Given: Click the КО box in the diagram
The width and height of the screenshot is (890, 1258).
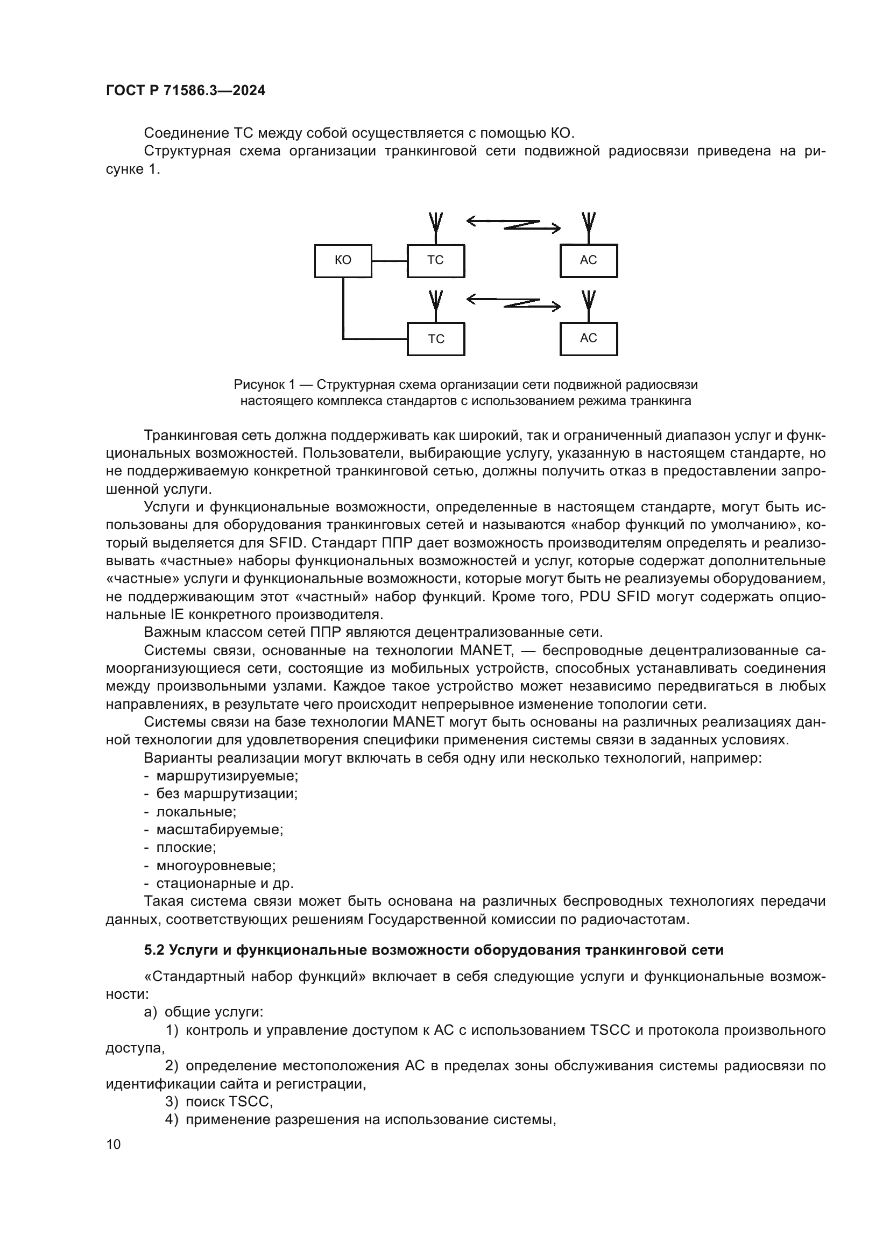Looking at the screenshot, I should [343, 261].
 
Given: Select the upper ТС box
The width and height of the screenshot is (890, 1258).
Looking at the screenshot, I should [436, 261].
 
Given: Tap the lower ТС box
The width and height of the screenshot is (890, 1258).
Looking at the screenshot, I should [436, 339].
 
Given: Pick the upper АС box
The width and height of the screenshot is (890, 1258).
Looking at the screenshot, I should [588, 261].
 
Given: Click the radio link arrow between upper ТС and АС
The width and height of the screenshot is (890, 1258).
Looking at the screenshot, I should [513, 224].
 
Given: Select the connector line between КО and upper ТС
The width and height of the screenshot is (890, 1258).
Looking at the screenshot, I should [390, 261].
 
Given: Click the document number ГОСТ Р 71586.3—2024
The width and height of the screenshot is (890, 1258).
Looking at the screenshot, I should [185, 90].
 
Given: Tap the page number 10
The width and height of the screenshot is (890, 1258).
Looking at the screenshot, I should [114, 1144].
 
